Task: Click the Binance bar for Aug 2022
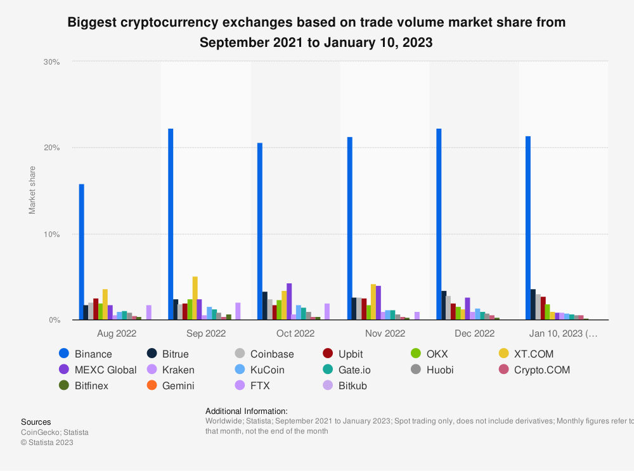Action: coord(81,252)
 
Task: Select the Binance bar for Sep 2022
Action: coord(171,224)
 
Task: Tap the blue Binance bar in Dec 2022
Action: coord(439,224)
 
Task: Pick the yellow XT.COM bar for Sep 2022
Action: coord(195,298)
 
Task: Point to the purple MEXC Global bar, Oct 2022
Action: coord(289,302)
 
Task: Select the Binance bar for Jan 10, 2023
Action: coord(528,228)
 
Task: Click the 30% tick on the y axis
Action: coord(51,62)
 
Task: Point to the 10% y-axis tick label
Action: coord(51,234)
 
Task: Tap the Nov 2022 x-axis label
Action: coord(385,333)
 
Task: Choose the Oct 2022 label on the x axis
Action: coord(295,333)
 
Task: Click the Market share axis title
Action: coord(32,190)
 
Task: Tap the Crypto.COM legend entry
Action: coord(542,370)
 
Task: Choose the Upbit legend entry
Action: coord(351,354)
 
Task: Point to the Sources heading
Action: coord(36,422)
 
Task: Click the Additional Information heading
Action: coord(247,411)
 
